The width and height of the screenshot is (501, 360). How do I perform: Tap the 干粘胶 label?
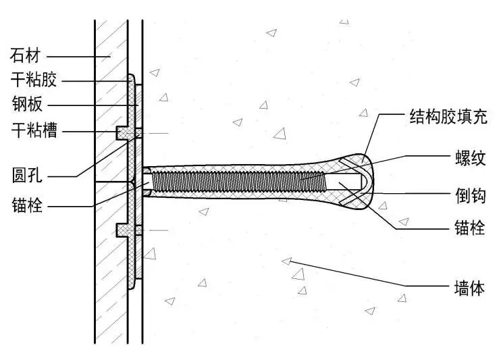tap(34, 80)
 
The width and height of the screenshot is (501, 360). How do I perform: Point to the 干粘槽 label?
tap(34, 130)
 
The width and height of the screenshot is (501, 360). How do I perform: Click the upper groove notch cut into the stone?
tap(122, 131)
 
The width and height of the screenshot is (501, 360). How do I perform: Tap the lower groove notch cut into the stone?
tap(122, 230)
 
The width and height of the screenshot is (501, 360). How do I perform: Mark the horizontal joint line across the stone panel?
tap(111, 182)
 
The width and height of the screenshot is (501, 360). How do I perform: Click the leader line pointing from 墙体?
tap(365, 274)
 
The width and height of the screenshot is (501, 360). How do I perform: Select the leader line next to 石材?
tap(74, 55)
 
